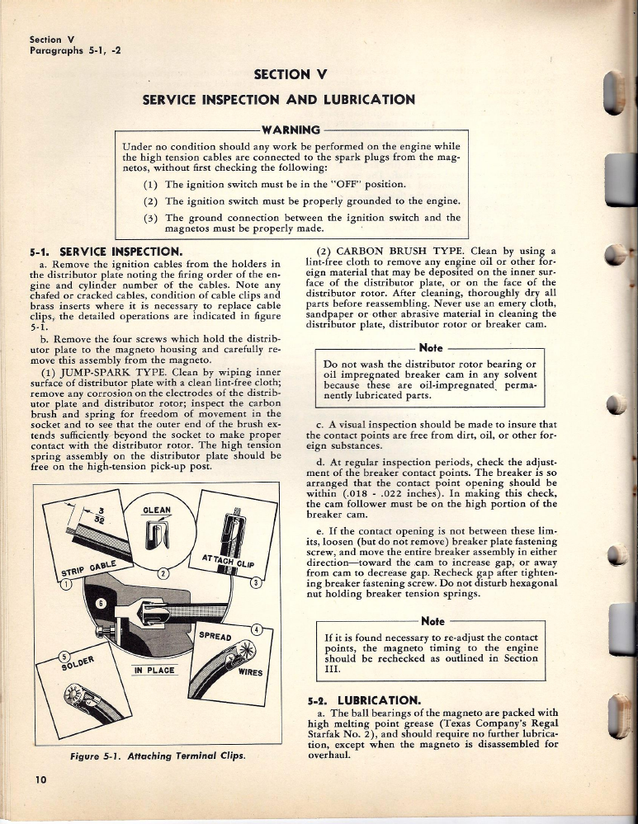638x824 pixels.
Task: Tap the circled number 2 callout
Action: (x=163, y=572)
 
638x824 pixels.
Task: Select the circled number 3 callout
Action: (x=256, y=583)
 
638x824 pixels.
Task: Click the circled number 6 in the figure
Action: (x=102, y=604)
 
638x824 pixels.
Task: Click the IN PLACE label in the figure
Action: (x=154, y=670)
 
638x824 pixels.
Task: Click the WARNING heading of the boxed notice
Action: (x=290, y=129)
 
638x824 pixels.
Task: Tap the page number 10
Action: (x=39, y=779)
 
